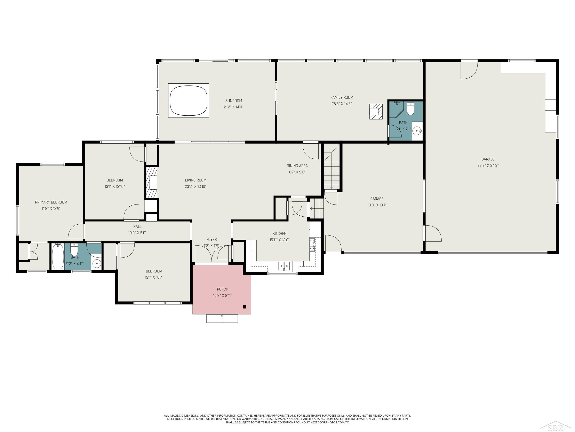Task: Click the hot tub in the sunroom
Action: [189, 101]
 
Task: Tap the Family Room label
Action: [342, 97]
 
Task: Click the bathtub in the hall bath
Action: [58, 257]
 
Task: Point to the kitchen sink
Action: [284, 266]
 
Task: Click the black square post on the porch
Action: [244, 307]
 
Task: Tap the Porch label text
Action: [223, 289]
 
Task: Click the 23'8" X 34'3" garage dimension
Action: [488, 165]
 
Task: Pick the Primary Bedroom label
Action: [51, 202]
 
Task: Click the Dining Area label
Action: [297, 166]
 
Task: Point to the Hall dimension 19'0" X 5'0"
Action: [137, 233]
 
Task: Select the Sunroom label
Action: [233, 101]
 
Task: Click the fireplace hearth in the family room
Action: [376, 111]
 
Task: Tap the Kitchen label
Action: [279, 234]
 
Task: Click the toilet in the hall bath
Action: [74, 249]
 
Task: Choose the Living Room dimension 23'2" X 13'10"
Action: [195, 186]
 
